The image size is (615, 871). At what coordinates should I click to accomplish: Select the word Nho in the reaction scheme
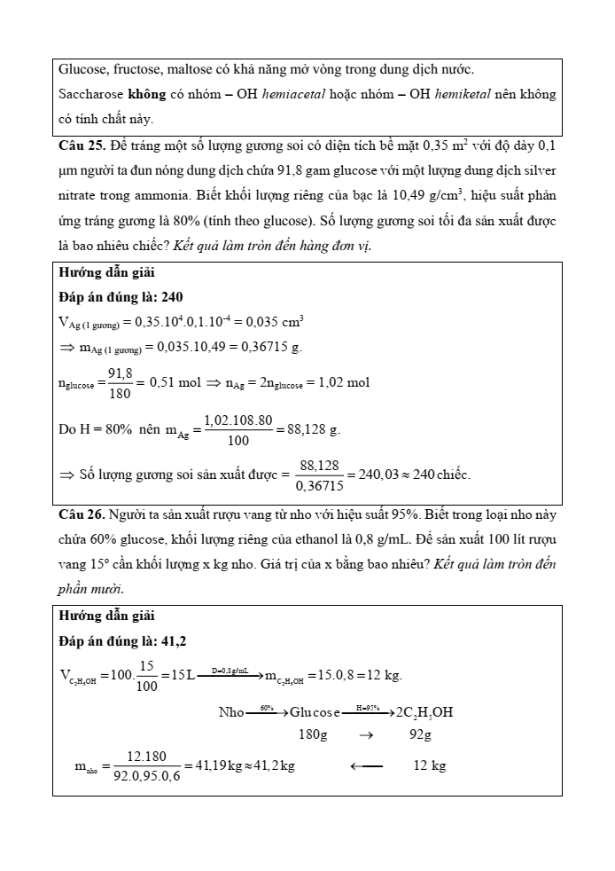tap(230, 712)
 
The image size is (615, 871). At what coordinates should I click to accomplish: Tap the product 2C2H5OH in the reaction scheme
tap(424, 712)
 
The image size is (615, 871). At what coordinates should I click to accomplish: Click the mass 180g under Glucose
tap(313, 735)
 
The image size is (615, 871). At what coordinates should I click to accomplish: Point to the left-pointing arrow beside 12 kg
tap(367, 765)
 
